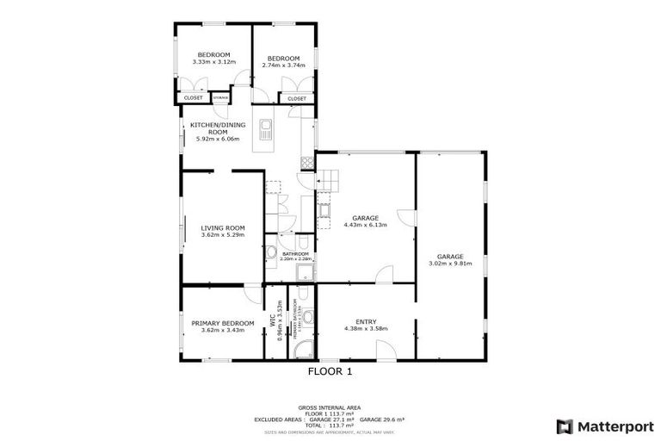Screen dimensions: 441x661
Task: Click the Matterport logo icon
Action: coord(565,426)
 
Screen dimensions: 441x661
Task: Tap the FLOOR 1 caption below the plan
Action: coord(330,372)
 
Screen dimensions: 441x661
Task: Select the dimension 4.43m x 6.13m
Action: coord(366,225)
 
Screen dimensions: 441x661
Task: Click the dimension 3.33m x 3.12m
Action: coord(211,62)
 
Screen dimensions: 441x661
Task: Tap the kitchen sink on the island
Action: coord(268,133)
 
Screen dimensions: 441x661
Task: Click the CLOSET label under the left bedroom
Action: coord(192,99)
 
